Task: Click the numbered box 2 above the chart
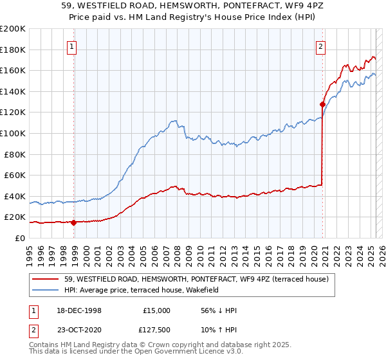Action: tap(320, 46)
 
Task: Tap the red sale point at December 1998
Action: tap(73, 223)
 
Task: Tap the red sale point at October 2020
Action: tap(322, 104)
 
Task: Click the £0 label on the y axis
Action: tap(21, 238)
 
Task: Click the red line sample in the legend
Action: tap(46, 279)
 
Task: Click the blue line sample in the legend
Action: tap(46, 290)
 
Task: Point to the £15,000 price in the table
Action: tap(156, 310)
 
